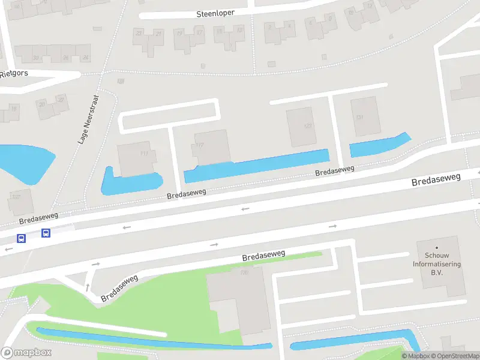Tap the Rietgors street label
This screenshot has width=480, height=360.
[x=14, y=74]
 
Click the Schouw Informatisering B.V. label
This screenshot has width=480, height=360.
[x=437, y=263]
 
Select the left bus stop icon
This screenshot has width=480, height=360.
[x=22, y=238]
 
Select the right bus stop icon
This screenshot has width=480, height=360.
[x=46, y=233]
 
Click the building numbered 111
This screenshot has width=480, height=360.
[x=137, y=158]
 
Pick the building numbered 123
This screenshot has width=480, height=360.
[x=301, y=127]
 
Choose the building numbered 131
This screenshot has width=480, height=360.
[x=365, y=116]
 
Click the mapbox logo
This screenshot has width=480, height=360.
[x=26, y=352]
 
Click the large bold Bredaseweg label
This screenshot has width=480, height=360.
[x=436, y=179]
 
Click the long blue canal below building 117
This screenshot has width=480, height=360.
[x=258, y=166]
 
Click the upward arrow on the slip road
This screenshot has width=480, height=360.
[x=88, y=287]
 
